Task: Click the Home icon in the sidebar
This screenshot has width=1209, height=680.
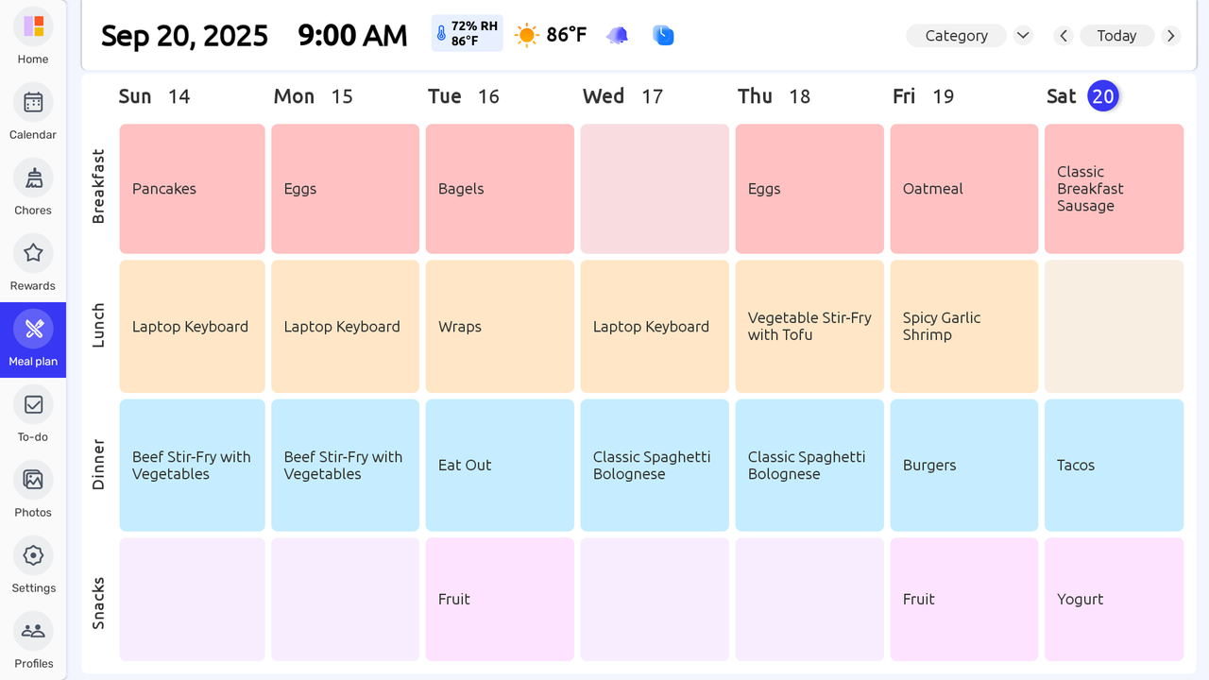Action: (x=33, y=26)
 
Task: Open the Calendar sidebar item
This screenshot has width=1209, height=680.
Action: (x=33, y=102)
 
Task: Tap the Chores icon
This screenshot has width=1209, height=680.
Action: (x=33, y=178)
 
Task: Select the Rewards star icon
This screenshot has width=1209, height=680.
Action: (x=33, y=253)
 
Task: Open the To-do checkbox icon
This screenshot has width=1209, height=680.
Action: (x=33, y=404)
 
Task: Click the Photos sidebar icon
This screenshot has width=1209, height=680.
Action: (x=33, y=480)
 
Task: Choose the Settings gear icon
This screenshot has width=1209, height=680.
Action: (x=33, y=555)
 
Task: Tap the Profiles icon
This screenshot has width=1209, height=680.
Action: (x=33, y=631)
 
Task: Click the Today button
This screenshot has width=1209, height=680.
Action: (x=1116, y=36)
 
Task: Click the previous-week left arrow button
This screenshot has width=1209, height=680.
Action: (x=1064, y=36)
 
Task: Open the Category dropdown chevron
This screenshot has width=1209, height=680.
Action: (x=1023, y=36)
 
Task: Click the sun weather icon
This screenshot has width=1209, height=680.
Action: (x=526, y=36)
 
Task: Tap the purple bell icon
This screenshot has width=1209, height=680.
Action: (x=617, y=36)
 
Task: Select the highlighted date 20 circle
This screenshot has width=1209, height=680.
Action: (x=1103, y=95)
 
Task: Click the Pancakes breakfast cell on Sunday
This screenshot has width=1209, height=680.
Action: (x=192, y=189)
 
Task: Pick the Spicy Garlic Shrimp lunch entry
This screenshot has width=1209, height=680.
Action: (x=963, y=327)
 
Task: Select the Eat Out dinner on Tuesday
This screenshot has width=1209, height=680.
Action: (x=500, y=465)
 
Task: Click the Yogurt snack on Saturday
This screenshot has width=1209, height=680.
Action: (x=1114, y=599)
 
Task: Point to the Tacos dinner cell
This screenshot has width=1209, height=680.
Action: (x=1114, y=465)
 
